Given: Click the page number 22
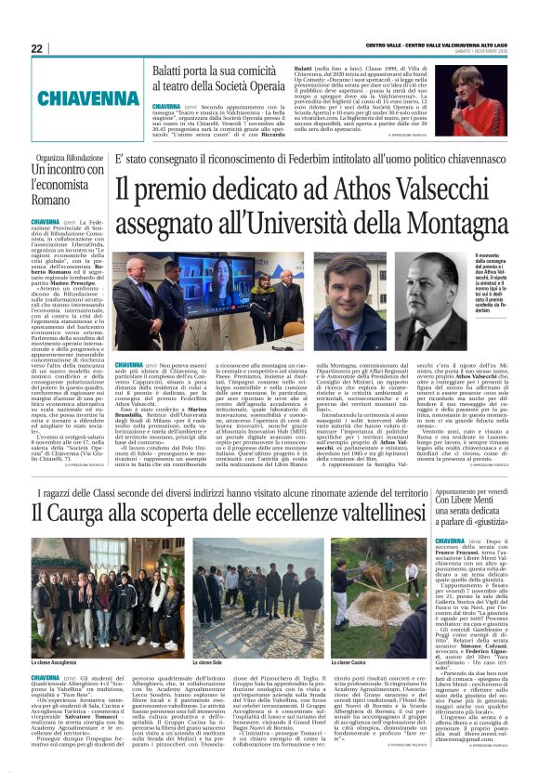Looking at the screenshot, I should [37, 48].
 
